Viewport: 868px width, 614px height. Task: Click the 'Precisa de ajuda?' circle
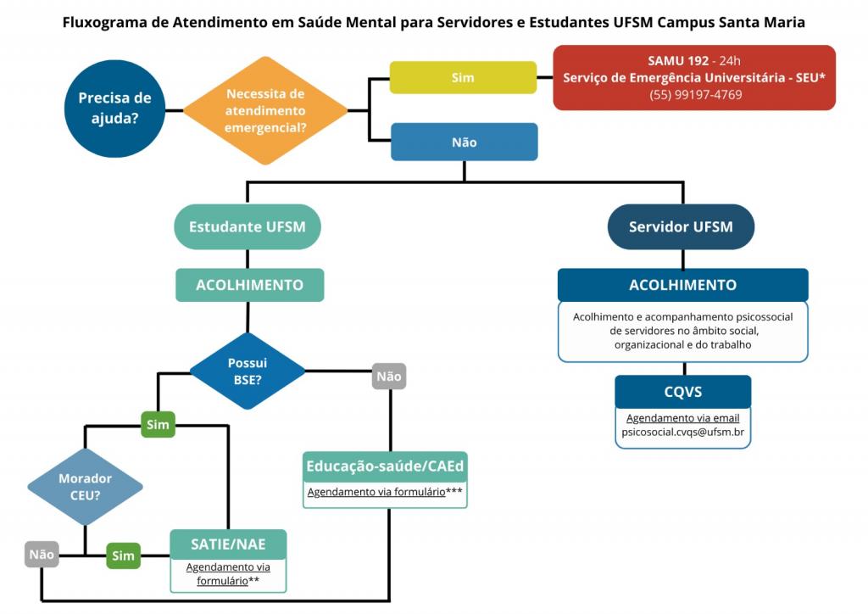click(x=114, y=108)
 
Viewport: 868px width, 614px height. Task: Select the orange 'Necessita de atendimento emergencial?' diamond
click(x=265, y=110)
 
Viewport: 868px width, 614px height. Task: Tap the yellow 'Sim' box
click(x=463, y=77)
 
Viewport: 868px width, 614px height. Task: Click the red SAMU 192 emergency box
click(x=693, y=77)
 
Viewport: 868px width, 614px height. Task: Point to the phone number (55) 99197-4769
click(x=693, y=95)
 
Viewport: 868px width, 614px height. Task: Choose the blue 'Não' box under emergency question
click(x=464, y=142)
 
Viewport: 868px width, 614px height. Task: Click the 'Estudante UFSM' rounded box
click(x=247, y=226)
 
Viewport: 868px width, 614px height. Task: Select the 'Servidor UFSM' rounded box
click(x=681, y=226)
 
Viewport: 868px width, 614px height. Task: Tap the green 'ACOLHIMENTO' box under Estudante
click(x=249, y=285)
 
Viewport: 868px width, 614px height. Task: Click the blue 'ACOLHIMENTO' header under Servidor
click(x=682, y=285)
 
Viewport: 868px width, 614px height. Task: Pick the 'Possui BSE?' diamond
click(x=247, y=371)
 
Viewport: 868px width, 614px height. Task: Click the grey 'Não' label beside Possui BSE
click(x=389, y=376)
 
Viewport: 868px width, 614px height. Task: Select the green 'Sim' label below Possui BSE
click(x=158, y=424)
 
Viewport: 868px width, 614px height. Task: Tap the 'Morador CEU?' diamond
click(x=85, y=487)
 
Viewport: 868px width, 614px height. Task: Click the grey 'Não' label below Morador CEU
click(x=42, y=555)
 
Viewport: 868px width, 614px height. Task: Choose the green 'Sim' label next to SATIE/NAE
click(x=123, y=555)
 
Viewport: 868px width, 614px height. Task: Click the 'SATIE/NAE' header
click(x=228, y=544)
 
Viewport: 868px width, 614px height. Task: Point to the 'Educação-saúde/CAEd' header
click(x=385, y=466)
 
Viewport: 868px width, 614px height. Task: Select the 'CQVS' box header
click(x=682, y=392)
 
